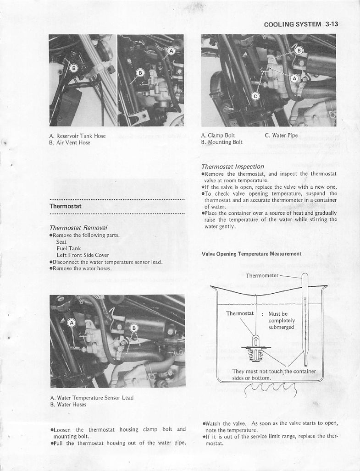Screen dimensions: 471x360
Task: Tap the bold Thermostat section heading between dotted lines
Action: tap(65, 206)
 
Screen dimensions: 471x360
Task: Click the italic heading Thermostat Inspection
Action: tap(233, 167)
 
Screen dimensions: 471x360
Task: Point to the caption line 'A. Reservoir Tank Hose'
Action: tap(77, 136)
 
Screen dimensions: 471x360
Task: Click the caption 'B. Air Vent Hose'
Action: tap(70, 142)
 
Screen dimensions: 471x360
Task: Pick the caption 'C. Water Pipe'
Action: tap(281, 136)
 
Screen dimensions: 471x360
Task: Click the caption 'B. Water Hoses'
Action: tap(68, 405)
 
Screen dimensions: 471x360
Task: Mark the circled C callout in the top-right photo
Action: tap(256, 95)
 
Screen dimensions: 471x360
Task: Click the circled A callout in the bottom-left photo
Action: tap(72, 323)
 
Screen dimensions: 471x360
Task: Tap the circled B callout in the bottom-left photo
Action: tap(134, 328)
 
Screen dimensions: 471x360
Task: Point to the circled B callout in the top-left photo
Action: tap(73, 68)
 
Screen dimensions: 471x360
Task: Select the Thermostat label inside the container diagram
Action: tap(240, 313)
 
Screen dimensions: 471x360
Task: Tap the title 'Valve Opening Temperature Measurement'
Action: tap(251, 253)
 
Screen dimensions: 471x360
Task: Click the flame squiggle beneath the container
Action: tap(266, 390)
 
